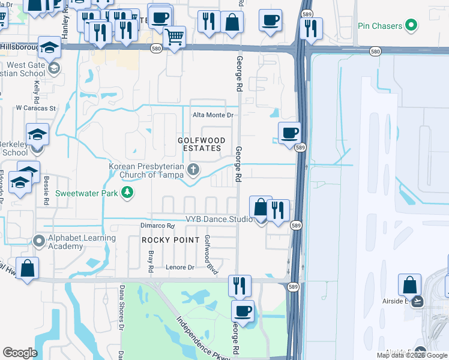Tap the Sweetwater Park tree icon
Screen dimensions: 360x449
pos(127,193)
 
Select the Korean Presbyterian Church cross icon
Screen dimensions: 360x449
pos(193,169)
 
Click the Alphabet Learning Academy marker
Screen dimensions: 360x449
pos(39,241)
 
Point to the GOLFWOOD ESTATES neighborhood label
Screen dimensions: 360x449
pos(202,144)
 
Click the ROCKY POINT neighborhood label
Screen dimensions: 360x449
pos(170,240)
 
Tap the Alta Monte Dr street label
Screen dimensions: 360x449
pos(212,115)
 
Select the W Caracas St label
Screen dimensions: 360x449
pos(35,109)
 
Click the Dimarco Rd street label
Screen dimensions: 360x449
pos(157,226)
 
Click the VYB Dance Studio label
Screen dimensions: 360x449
pos(218,220)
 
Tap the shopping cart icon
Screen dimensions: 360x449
pos(174,37)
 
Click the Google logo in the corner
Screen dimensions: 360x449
pos(20,353)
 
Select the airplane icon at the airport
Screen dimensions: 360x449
pos(418,302)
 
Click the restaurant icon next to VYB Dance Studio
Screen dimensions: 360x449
pos(277,210)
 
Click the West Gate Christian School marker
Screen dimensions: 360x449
pos(54,68)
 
